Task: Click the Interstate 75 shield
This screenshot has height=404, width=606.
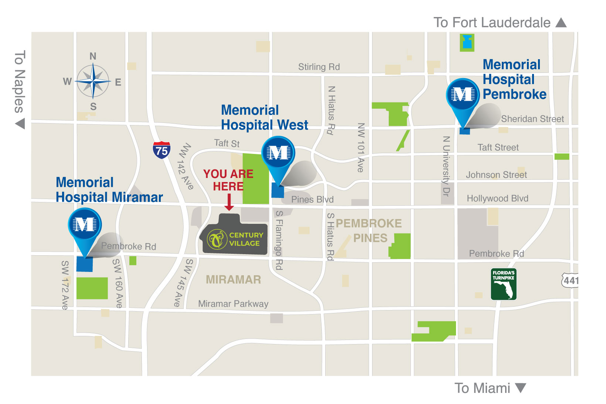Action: click(161, 150)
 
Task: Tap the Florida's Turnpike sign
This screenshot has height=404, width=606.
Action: click(503, 284)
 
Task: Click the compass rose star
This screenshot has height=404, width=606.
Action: click(93, 81)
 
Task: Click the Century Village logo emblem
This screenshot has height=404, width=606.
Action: click(217, 239)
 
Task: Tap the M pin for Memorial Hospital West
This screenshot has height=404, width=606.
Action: click(278, 153)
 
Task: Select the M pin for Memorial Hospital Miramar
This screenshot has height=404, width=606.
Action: click(85, 225)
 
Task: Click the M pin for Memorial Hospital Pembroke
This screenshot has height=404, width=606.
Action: click(463, 95)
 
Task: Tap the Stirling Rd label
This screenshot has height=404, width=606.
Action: click(319, 67)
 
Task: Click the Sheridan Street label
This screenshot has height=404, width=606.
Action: click(532, 119)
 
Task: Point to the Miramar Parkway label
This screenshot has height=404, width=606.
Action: click(233, 304)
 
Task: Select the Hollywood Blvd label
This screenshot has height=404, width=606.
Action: click(497, 198)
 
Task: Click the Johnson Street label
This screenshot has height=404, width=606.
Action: click(496, 175)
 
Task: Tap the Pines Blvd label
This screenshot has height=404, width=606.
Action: click(312, 199)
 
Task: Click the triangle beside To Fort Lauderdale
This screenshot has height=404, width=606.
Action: click(561, 23)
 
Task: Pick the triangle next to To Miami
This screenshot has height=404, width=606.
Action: click(520, 388)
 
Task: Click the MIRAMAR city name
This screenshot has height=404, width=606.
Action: click(233, 279)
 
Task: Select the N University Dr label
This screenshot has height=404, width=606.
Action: click(446, 166)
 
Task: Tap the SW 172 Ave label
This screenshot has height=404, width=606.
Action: click(65, 285)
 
